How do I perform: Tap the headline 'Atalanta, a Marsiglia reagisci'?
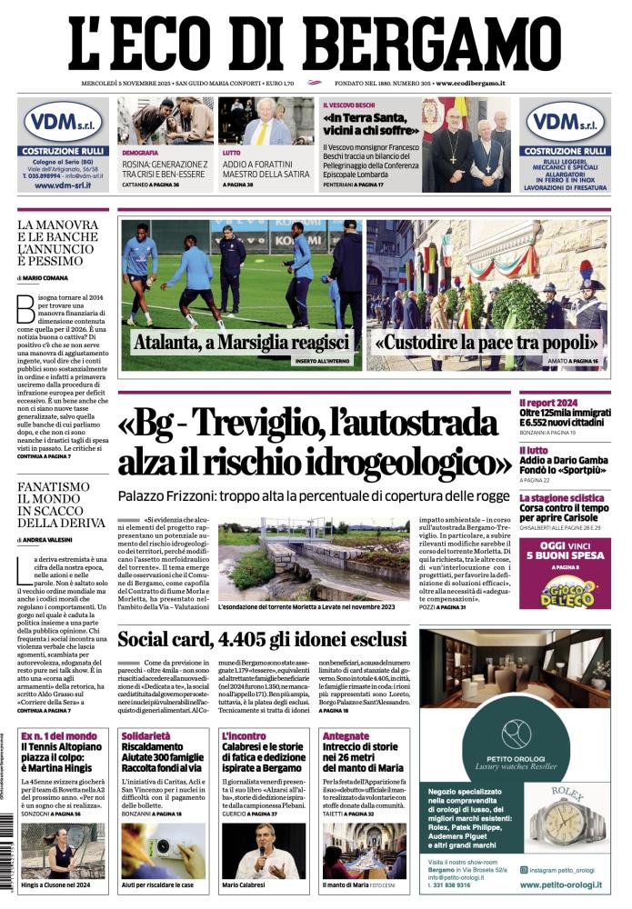242,343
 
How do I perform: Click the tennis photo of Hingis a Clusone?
63,850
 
